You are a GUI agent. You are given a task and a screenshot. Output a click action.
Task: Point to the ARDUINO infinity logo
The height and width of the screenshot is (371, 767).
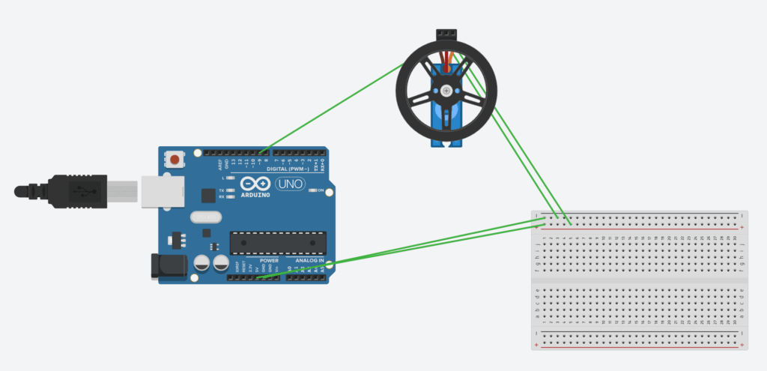pyautogui.click(x=256, y=184)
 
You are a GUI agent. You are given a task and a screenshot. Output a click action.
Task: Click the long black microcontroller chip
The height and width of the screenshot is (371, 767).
pyautogui.click(x=279, y=242)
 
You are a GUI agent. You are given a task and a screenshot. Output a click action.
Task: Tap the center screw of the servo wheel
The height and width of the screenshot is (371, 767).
pyautogui.click(x=446, y=91)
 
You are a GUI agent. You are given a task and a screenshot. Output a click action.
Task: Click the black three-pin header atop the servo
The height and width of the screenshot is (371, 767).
pyautogui.click(x=447, y=34)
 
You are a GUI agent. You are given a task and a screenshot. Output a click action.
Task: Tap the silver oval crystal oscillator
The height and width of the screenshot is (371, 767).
pyautogui.click(x=207, y=217)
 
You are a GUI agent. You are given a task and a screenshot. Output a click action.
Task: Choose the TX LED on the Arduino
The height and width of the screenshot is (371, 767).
pyautogui.click(x=229, y=190)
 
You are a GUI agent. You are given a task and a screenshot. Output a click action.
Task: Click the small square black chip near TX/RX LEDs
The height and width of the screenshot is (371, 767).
pyautogui.click(x=207, y=195)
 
